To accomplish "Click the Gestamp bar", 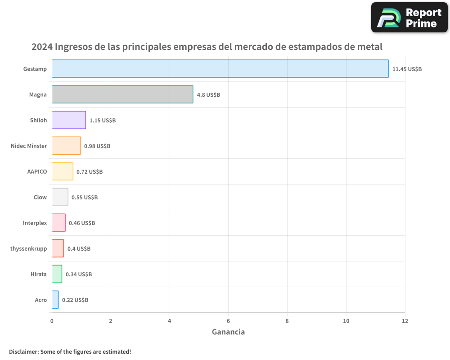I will pos(220,69).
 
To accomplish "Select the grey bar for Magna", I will pos(122,94).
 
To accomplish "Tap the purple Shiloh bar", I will pos(69,120).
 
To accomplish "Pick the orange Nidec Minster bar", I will pos(66,146).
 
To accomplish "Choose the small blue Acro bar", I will pos(55,300).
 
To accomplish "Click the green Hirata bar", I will pos(57,274).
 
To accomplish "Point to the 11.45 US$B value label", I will pos(407,69).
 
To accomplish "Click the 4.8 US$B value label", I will pos(208,94).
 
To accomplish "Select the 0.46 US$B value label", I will pos(82,223).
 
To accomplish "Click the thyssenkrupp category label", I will pos(28,248).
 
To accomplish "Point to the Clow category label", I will pos(40,197).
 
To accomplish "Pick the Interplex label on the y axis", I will pos(35,223).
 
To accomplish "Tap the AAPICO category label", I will pos(37,171).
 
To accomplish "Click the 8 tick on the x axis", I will pos(287,321).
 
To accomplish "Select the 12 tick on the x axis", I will pos(405,321).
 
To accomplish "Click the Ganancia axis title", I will pos(228,332).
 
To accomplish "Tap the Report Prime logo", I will pos(409,18).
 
